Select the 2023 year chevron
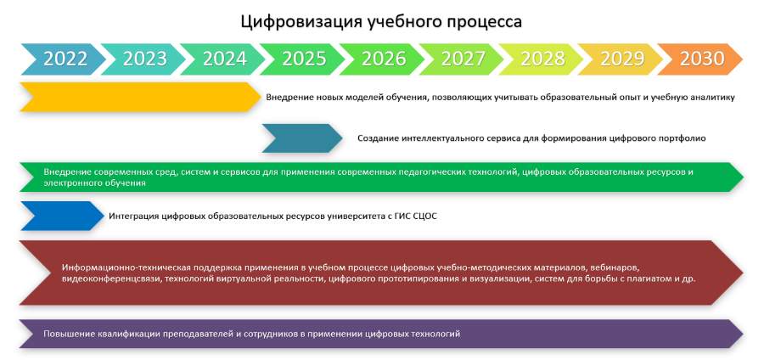click(x=143, y=59)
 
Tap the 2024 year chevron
click(x=223, y=59)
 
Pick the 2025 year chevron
click(x=302, y=59)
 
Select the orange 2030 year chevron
click(x=700, y=59)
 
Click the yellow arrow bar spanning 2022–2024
click(x=140, y=97)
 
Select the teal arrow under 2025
click(x=302, y=138)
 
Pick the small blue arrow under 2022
click(x=62, y=216)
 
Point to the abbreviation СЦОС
click(x=424, y=216)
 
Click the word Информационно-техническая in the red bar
click(x=126, y=268)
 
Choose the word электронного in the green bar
click(x=70, y=183)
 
